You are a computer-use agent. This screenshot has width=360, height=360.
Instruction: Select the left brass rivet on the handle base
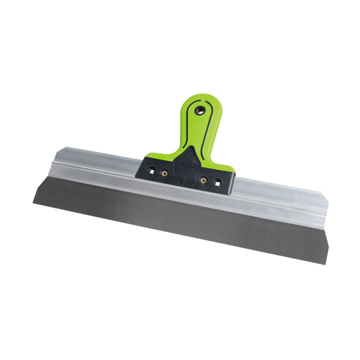[x=164, y=173]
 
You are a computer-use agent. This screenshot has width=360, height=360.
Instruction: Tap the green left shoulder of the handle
[x=155, y=156]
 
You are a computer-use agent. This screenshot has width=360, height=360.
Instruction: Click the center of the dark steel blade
[x=178, y=220]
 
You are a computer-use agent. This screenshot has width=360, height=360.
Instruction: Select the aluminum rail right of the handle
[x=279, y=198]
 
